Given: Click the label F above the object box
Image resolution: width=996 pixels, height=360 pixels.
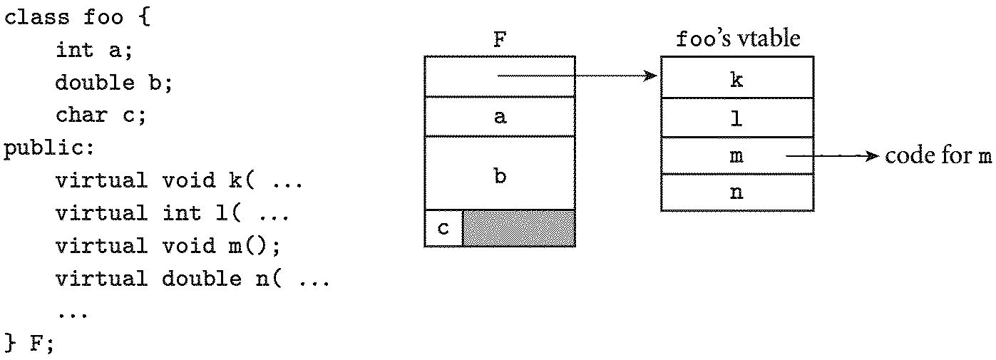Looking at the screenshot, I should (499, 41).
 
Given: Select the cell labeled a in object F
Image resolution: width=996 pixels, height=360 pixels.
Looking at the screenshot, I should (499, 117).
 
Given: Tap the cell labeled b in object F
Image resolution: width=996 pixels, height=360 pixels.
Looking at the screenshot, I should (499, 175).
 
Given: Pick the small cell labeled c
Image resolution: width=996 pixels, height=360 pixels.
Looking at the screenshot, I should (443, 228).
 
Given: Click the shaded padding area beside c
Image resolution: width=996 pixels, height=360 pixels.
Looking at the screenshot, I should (518, 228).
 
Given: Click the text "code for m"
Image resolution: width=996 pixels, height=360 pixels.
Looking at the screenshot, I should (938, 156).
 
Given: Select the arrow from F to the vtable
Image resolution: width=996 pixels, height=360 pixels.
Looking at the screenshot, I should (577, 76).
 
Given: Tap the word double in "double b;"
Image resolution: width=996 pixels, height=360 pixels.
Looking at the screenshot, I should (94, 83).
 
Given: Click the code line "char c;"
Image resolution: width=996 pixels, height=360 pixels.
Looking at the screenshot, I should (100, 115).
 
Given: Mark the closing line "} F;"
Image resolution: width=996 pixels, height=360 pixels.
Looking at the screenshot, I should (29, 344).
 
